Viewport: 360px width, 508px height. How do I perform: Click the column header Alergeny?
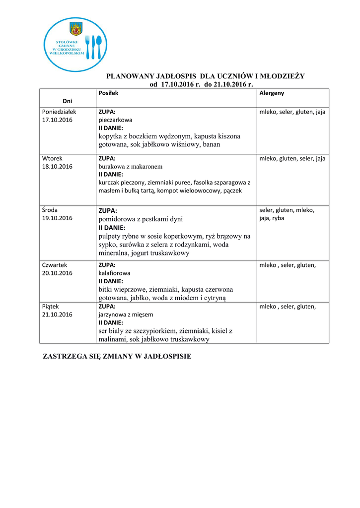pyautogui.click(x=272, y=93)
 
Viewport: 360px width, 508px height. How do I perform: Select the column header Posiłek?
pyautogui.click(x=108, y=93)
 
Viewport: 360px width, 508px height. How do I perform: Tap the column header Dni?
pyautogui.click(x=67, y=101)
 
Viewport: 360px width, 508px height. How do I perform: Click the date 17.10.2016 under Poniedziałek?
pyautogui.click(x=57, y=120)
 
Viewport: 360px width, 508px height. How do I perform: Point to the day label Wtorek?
pyautogui.click(x=52, y=158)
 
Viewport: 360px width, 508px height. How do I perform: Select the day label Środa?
pyautogui.click(x=50, y=210)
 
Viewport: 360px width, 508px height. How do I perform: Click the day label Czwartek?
pyautogui.click(x=55, y=265)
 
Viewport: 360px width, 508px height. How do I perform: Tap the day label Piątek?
pyautogui.click(x=51, y=307)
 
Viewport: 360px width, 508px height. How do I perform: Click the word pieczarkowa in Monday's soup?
pyautogui.click(x=115, y=120)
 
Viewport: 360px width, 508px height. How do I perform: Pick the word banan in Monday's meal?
pyautogui.click(x=211, y=144)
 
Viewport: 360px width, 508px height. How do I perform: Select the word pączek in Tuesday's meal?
pyautogui.click(x=232, y=190)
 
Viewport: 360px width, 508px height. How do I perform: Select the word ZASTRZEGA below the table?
pyautogui.click(x=65, y=357)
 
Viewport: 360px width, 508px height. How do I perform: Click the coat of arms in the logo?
pyautogui.click(x=76, y=29)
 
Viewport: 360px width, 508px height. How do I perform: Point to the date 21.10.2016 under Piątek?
pyautogui.click(x=57, y=315)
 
